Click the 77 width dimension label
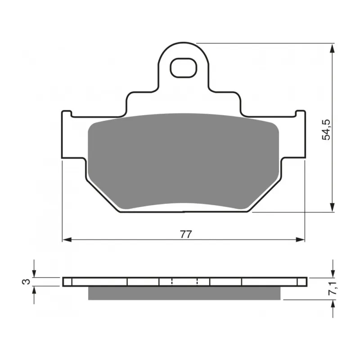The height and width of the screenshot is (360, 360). coord(185,234)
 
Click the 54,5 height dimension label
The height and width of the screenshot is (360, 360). coord(326,130)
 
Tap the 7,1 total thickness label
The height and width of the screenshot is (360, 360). coord(333,288)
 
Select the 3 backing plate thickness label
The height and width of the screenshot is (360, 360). coord(26,282)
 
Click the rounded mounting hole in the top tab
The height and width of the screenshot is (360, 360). coord(184,68)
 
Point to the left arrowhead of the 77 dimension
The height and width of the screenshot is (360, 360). coord(67,240)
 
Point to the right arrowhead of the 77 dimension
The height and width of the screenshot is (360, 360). coord(300,240)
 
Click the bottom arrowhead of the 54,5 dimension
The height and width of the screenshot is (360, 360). coord(332,207)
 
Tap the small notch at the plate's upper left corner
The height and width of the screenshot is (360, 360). coord(67,113)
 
